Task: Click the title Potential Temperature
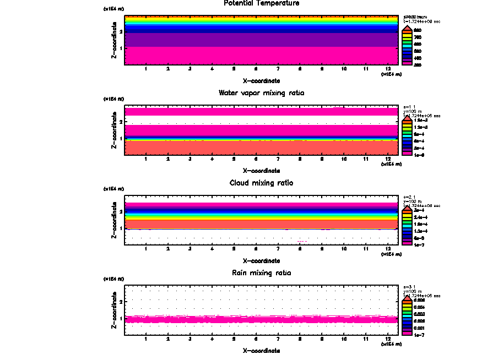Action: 261,3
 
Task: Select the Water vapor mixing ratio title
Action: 261,93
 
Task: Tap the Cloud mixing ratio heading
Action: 261,183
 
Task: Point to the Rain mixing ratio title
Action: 261,273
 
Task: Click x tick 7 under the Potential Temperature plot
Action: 278,69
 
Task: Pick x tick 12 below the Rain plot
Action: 388,339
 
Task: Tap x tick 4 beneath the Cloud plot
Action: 212,249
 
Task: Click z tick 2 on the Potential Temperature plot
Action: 120,31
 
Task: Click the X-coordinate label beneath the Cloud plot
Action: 261,260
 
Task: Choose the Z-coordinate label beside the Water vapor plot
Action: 114,130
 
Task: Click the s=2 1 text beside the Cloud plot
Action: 409,197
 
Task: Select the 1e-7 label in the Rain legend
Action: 419,334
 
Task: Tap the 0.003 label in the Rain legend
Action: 419,314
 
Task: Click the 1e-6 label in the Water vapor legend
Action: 419,155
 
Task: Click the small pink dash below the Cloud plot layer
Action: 301,241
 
